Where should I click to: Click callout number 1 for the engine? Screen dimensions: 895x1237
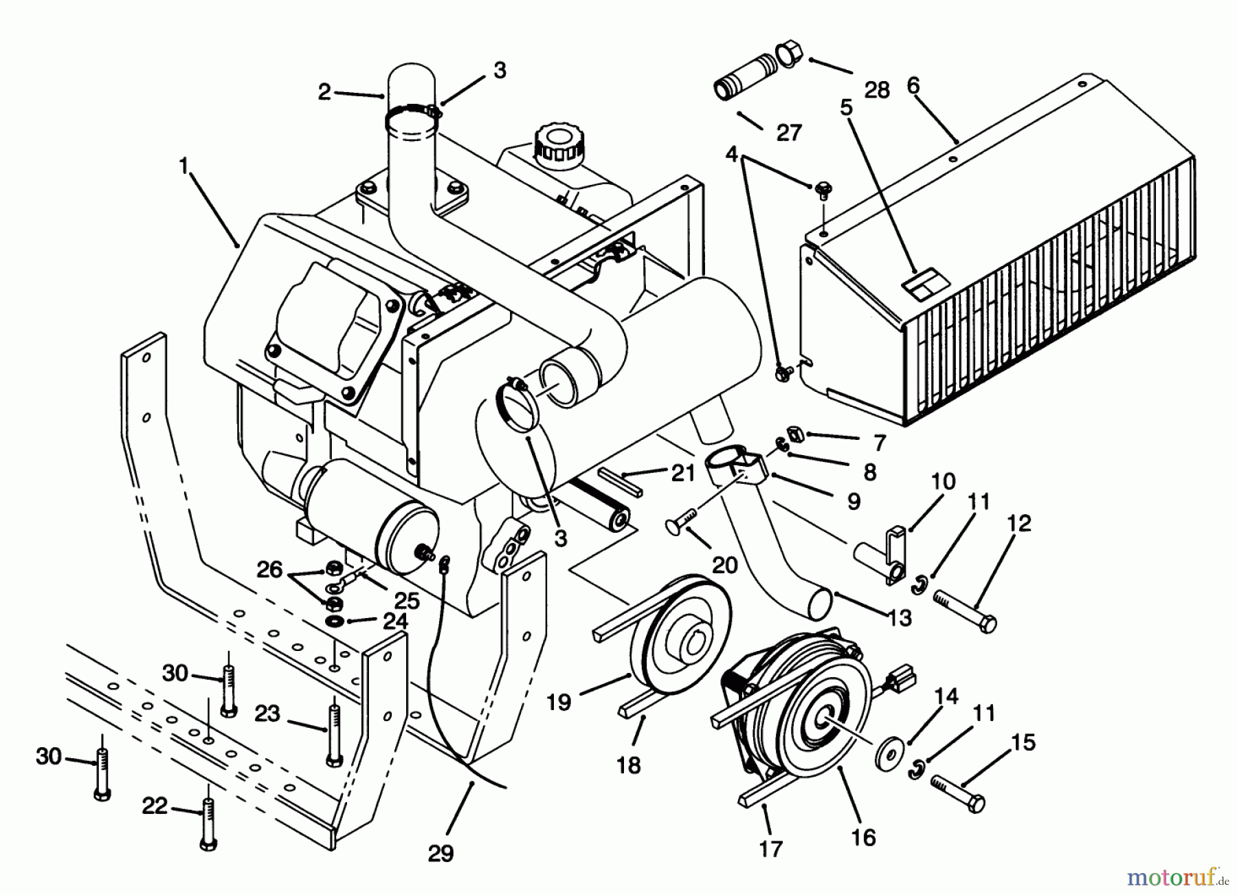tap(183, 166)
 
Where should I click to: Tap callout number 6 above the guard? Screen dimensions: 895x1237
tap(913, 86)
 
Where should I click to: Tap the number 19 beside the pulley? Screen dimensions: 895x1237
tap(559, 702)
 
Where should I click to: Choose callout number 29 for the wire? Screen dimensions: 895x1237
tap(441, 853)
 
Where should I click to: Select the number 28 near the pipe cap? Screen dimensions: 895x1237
tap(877, 90)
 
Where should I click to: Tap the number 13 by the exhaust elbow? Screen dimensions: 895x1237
tap(900, 617)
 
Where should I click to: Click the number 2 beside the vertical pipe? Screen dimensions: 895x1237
tap(325, 91)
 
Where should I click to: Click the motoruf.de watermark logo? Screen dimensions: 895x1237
tap(1179, 876)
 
